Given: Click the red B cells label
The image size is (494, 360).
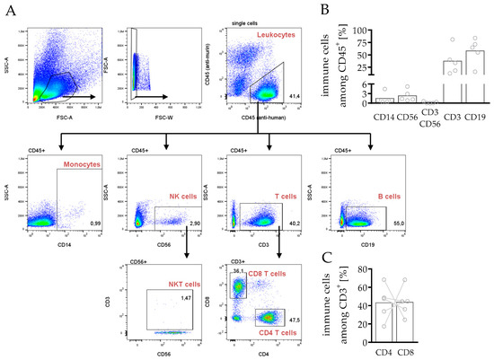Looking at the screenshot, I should point(364,195).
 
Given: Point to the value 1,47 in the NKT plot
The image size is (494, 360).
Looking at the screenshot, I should point(187,296).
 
